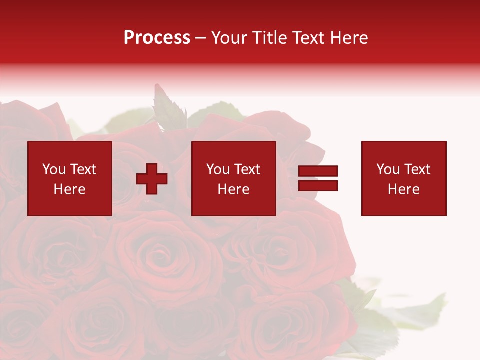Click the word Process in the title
tap(157, 38)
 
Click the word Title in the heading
tap(269, 38)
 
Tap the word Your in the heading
tap(230, 38)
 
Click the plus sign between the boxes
tap(152, 179)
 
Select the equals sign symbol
tap(318, 178)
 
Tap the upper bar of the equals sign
tap(318, 171)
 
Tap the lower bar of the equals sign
tap(318, 185)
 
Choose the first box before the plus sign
tap(70, 178)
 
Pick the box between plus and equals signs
tap(234, 178)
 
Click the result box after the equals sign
tap(404, 178)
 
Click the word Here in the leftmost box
tap(69, 189)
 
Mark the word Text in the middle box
tap(247, 169)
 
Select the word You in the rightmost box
tap(388, 169)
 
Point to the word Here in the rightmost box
tap(404, 189)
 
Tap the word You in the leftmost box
tap(54, 169)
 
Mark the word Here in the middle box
tap(234, 189)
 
